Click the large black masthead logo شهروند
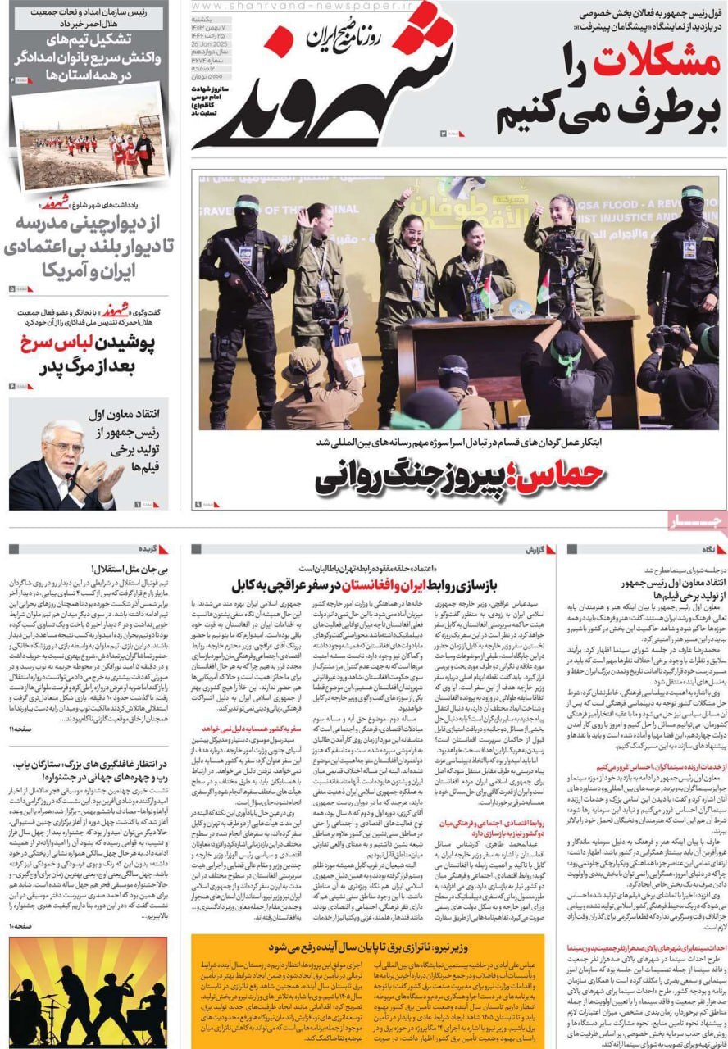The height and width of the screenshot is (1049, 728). click(328, 90)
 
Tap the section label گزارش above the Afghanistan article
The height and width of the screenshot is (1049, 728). click(535, 549)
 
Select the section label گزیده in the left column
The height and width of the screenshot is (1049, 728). click(148, 549)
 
